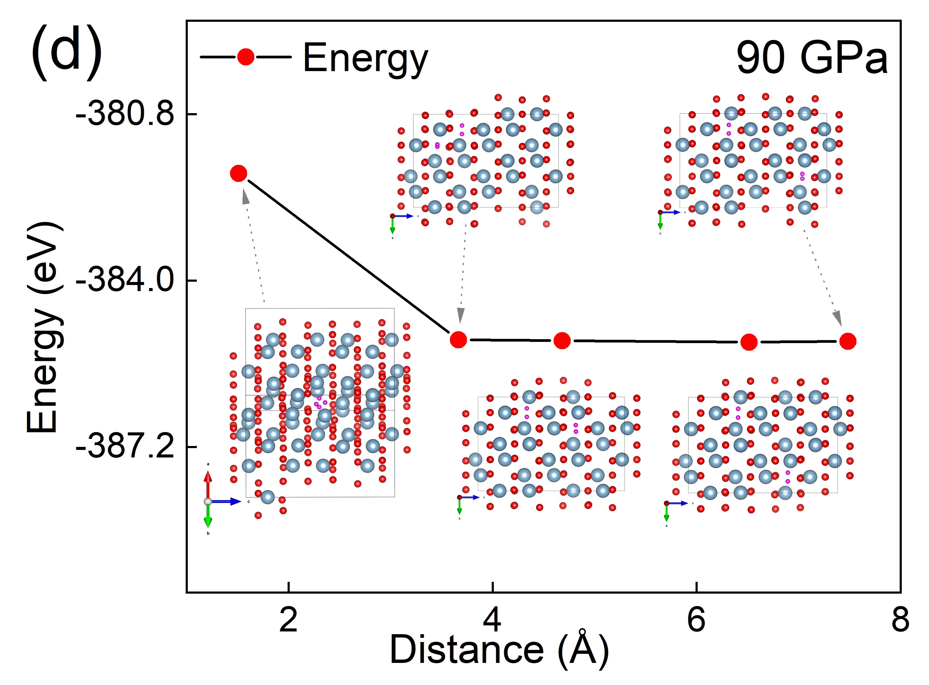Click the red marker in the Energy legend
(246, 57)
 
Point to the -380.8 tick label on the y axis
(125, 114)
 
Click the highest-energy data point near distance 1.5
(239, 173)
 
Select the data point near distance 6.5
(749, 342)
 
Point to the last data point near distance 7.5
(848, 341)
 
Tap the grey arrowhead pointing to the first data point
(245, 197)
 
